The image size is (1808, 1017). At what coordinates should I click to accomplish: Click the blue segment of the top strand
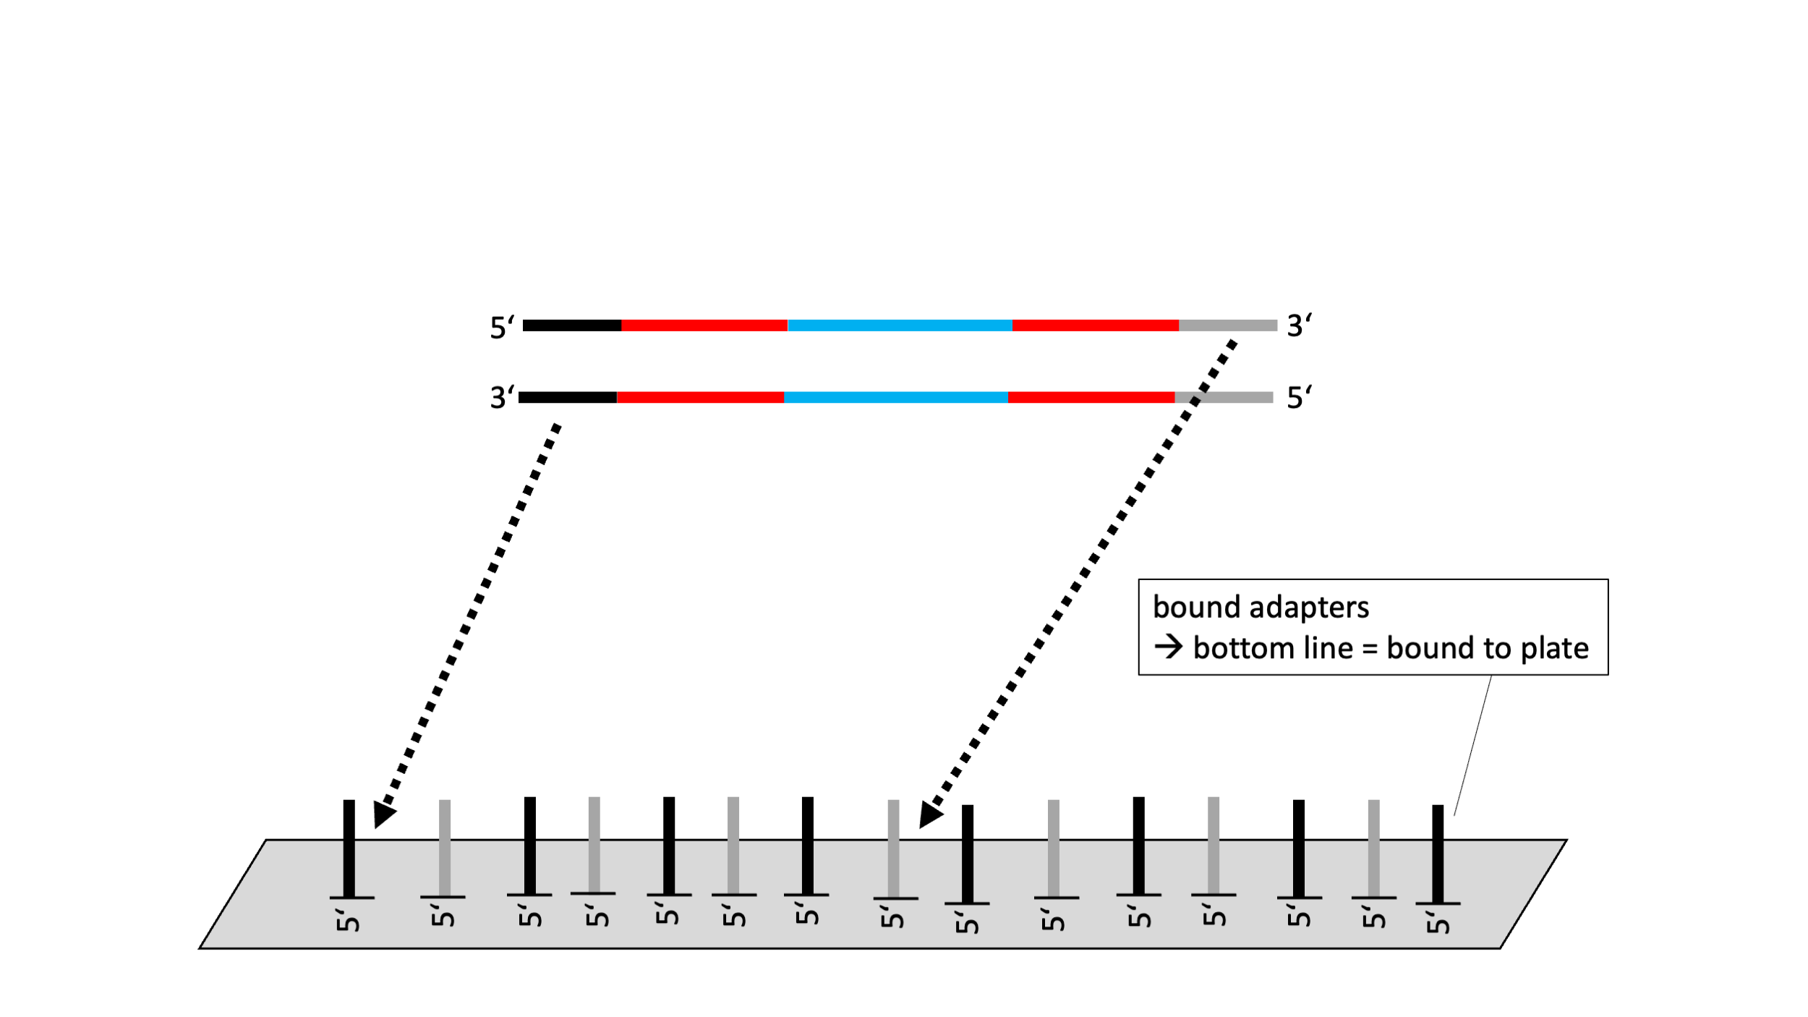900,325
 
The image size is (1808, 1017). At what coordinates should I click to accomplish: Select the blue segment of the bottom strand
895,397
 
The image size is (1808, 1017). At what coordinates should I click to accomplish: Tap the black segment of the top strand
571,325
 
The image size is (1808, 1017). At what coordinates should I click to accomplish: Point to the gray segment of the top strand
1228,325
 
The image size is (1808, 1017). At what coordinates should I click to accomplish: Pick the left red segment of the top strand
704,325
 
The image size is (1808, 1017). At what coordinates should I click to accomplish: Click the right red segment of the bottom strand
1091,397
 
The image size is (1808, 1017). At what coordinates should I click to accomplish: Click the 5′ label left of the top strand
502,327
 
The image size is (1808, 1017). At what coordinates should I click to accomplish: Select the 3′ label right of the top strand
1299,325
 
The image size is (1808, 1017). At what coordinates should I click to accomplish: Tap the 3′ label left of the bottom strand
502,397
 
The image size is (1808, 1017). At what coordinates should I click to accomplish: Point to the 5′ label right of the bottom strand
1299,397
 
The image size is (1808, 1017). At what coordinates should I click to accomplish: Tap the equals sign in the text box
1369,649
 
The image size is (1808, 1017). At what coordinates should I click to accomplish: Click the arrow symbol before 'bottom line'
1169,647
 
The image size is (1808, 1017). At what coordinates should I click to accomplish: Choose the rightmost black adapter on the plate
1438,854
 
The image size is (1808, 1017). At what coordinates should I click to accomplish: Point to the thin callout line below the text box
1472,745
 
